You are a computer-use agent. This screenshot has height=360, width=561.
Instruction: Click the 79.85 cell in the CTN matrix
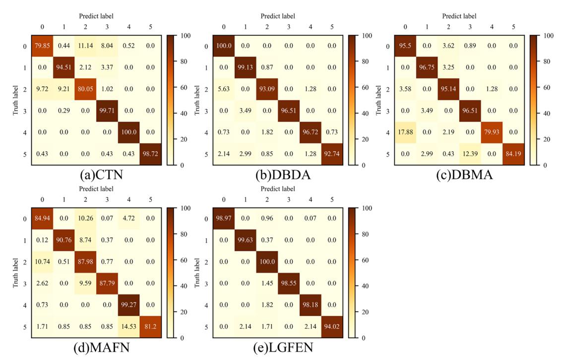tap(42, 47)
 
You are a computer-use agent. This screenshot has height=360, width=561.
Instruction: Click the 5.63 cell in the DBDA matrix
tap(224, 90)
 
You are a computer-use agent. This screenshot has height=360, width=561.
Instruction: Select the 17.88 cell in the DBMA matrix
tap(405, 132)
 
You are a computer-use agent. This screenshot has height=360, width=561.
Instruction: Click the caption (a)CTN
tap(96, 175)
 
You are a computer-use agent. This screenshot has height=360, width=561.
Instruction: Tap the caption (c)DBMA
tap(459, 175)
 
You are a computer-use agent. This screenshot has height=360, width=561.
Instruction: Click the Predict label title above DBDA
tap(278, 16)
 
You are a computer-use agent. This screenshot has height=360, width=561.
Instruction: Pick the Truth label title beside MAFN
tap(14, 273)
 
